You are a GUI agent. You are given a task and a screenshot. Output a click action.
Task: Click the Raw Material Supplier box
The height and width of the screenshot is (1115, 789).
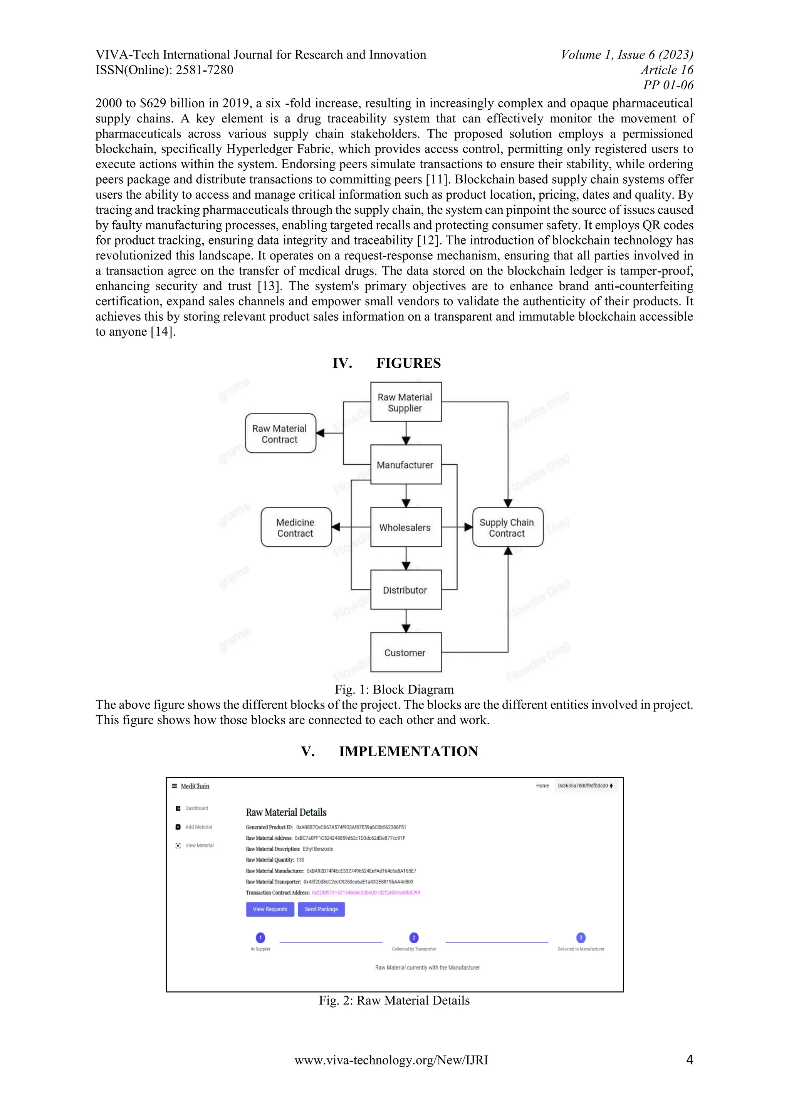pyautogui.click(x=406, y=402)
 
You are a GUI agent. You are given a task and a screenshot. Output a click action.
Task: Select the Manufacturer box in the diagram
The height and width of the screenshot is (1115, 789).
pyautogui.click(x=406, y=465)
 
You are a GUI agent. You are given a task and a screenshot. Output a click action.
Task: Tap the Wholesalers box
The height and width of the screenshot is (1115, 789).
pyautogui.click(x=406, y=527)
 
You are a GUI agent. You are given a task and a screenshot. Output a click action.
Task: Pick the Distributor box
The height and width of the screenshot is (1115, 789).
pyautogui.click(x=406, y=590)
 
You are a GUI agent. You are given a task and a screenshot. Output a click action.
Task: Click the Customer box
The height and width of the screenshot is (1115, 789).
pyautogui.click(x=406, y=653)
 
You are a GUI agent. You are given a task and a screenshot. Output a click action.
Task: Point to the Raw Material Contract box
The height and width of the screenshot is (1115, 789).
pyautogui.click(x=280, y=434)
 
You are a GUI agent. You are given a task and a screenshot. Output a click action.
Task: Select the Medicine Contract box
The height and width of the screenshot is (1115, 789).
pyautogui.click(x=296, y=527)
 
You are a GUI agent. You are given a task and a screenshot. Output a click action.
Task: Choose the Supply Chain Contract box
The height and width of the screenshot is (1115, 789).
pyautogui.click(x=508, y=527)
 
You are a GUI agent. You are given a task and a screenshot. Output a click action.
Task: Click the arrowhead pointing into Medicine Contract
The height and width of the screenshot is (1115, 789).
pyautogui.click(x=336, y=527)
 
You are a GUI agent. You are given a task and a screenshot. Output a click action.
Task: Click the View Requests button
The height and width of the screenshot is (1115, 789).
pyautogui.click(x=270, y=909)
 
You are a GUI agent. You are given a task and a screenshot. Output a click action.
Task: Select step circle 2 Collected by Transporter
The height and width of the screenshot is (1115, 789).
pyautogui.click(x=414, y=937)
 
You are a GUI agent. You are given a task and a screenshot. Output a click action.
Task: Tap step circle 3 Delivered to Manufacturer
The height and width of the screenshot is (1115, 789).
pyautogui.click(x=581, y=937)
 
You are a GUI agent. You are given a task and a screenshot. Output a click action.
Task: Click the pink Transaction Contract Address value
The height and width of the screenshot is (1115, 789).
pyautogui.click(x=366, y=892)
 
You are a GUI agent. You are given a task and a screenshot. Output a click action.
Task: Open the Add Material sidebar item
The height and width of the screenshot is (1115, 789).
pyautogui.click(x=198, y=827)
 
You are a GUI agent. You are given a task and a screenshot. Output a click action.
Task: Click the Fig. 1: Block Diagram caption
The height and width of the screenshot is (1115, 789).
pyautogui.click(x=394, y=690)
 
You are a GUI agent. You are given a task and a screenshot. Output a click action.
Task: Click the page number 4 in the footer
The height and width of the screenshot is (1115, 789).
pyautogui.click(x=689, y=1060)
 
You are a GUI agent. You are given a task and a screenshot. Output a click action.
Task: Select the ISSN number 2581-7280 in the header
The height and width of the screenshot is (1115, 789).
pyautogui.click(x=205, y=70)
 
